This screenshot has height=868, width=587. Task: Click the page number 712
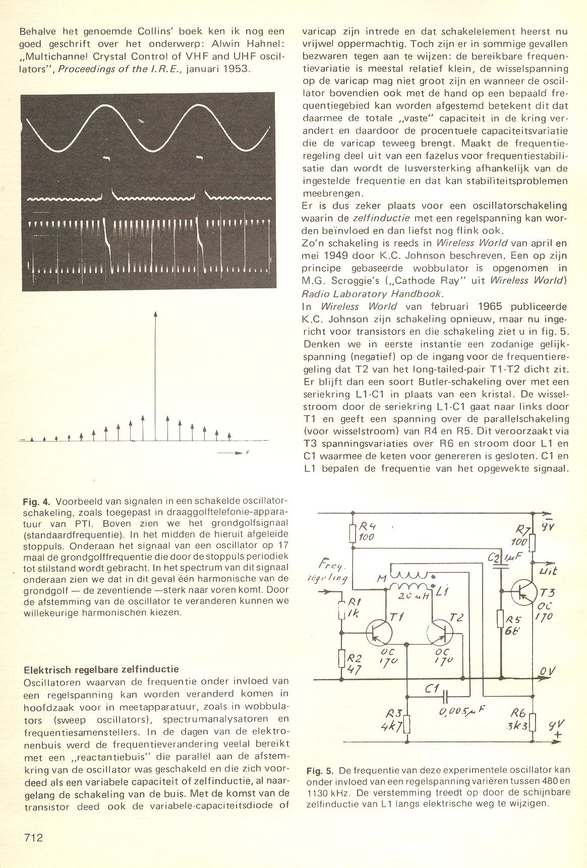[x=33, y=838]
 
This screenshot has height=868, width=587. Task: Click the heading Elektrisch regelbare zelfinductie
[x=101, y=670]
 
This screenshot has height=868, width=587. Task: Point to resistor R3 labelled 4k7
[x=407, y=724]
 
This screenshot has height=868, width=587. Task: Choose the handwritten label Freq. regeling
[x=330, y=571]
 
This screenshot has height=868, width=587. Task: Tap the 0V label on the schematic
[x=548, y=671]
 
